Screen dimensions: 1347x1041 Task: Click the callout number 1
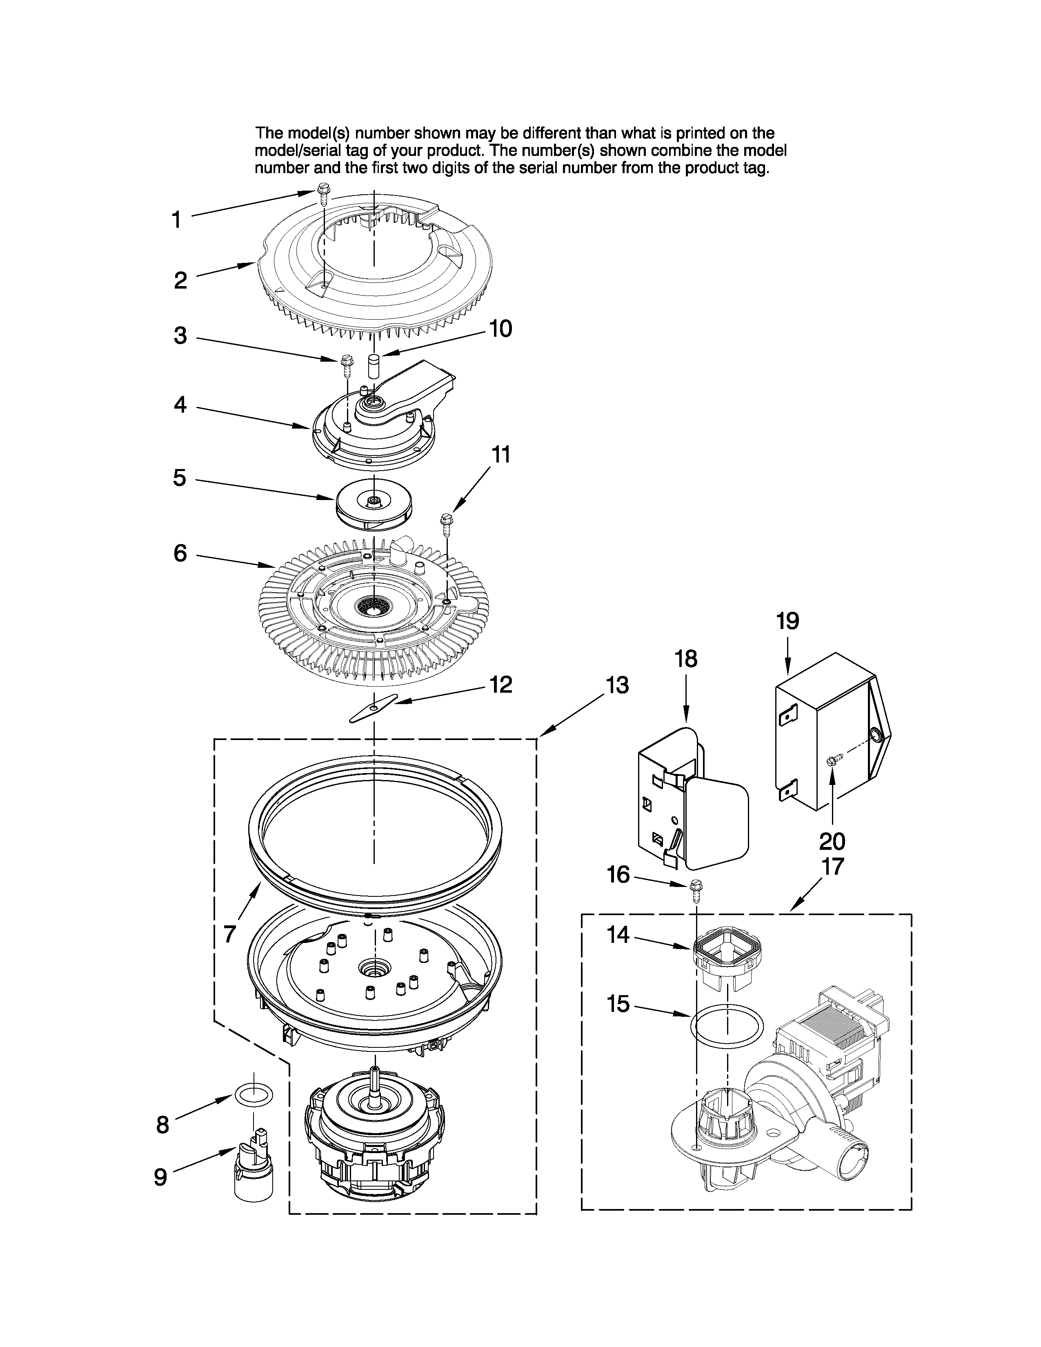click(176, 220)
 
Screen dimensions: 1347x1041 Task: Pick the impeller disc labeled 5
click(373, 503)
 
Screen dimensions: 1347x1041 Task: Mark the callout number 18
click(686, 659)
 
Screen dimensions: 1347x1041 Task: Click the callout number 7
click(229, 934)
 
